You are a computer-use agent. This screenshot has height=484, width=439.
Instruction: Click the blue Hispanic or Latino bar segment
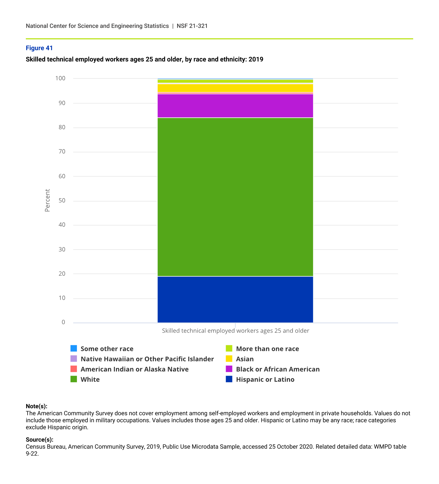(x=235, y=299)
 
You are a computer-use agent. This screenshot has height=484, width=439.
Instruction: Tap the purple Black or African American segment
(x=235, y=106)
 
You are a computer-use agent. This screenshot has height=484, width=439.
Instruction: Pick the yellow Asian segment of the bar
(x=235, y=88)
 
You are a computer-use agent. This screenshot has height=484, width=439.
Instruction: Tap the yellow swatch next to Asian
(x=229, y=359)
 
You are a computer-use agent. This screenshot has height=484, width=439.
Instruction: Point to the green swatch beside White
(x=74, y=379)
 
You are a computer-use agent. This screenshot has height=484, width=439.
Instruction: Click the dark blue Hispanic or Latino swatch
(x=229, y=379)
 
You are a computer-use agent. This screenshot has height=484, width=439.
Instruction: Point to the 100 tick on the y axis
(x=60, y=78)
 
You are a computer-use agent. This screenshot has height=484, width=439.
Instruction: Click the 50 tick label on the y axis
(x=62, y=201)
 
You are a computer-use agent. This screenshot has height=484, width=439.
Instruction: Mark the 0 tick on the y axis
(x=63, y=322)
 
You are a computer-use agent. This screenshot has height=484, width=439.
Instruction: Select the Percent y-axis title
(x=47, y=200)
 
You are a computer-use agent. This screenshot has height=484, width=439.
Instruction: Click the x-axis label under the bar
(x=235, y=331)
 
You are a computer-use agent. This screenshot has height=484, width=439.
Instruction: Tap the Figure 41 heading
(x=39, y=48)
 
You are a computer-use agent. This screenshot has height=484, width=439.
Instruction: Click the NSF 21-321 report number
(x=192, y=26)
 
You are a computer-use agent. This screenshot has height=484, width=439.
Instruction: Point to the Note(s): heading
(x=36, y=406)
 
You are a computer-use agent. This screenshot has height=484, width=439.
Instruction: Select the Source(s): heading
(x=40, y=440)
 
